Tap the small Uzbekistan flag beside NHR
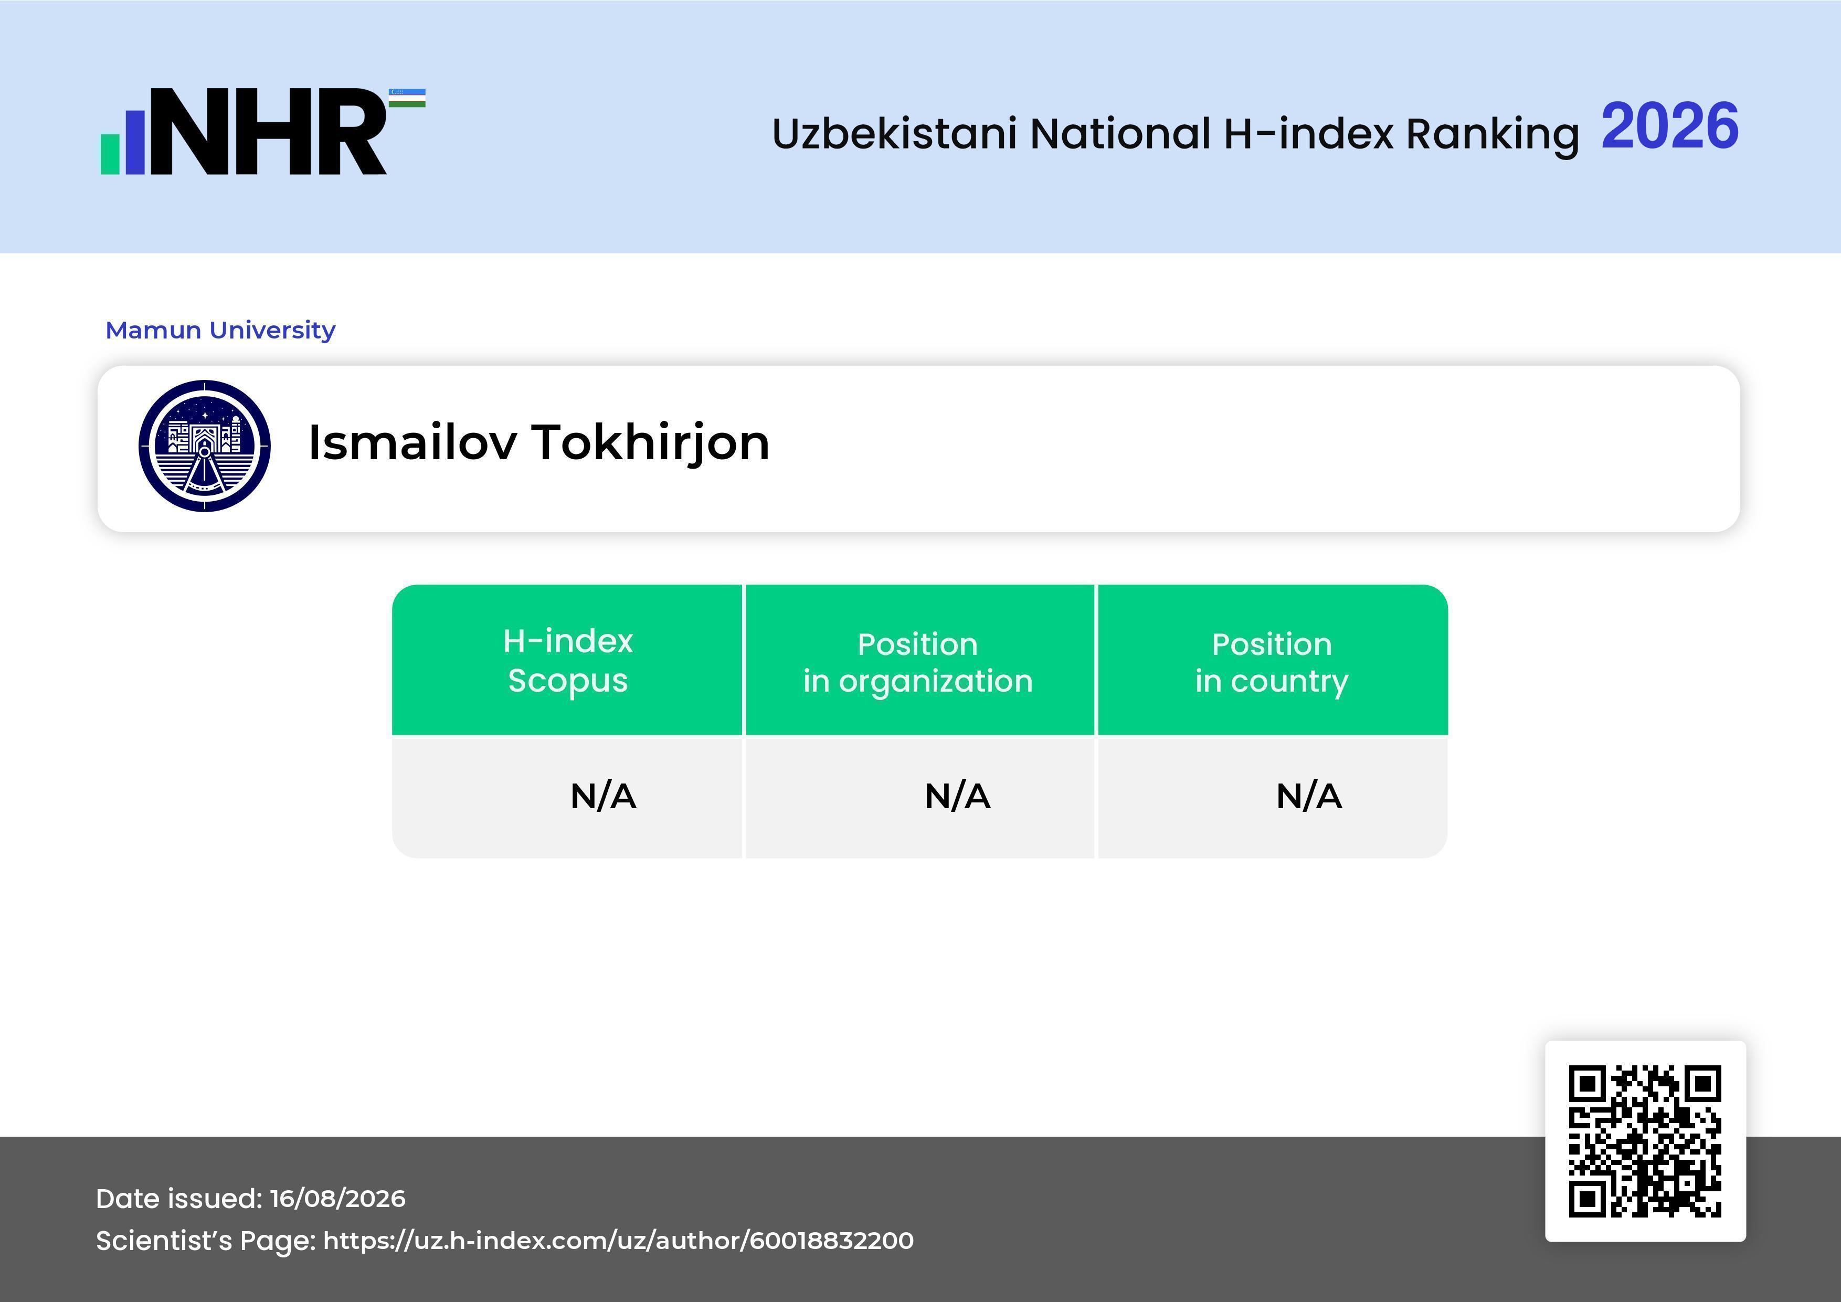pyautogui.click(x=407, y=98)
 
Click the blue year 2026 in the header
pyautogui.click(x=1669, y=126)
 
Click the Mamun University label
pyautogui.click(x=220, y=330)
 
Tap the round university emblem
pyautogui.click(x=205, y=446)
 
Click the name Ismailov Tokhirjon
pyautogui.click(x=539, y=442)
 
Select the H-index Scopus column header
pyautogui.click(x=568, y=661)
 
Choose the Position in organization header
pyautogui.click(x=918, y=662)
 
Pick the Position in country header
pyautogui.click(x=1272, y=662)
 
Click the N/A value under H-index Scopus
pyautogui.click(x=603, y=796)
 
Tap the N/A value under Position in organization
pyautogui.click(x=957, y=796)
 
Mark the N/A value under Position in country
pyautogui.click(x=1308, y=796)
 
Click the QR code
pyautogui.click(x=1645, y=1141)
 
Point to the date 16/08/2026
pyautogui.click(x=337, y=1199)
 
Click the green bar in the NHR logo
pyautogui.click(x=110, y=154)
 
